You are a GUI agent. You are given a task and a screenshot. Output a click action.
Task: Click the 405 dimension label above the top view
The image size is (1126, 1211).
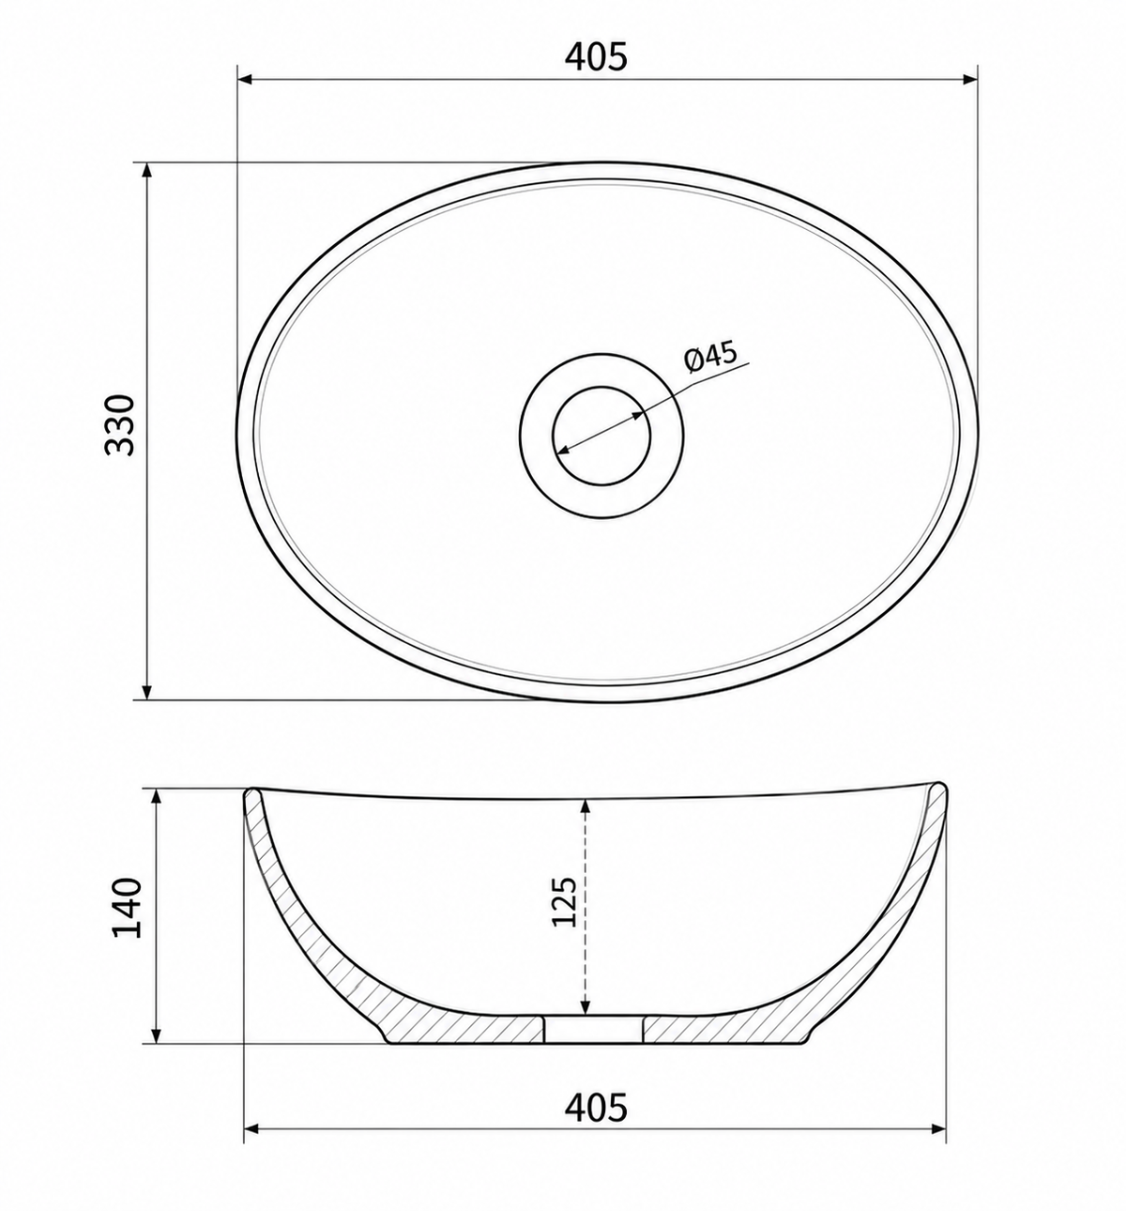point(596,57)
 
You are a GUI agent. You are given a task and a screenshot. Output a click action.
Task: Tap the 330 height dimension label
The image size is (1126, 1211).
point(119,425)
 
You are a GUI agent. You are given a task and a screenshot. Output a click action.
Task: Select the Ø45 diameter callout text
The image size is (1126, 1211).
point(711,358)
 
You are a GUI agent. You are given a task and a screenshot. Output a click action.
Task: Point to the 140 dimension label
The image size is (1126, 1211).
point(127,908)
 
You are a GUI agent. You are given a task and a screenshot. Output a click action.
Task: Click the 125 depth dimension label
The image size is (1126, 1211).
point(564,902)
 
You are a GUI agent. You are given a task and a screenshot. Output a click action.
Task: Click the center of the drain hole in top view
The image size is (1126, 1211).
point(601,436)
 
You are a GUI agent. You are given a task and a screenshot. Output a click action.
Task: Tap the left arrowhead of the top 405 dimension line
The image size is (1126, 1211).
point(245,79)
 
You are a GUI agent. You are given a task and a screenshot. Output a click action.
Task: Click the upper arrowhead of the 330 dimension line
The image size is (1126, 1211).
point(146,171)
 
